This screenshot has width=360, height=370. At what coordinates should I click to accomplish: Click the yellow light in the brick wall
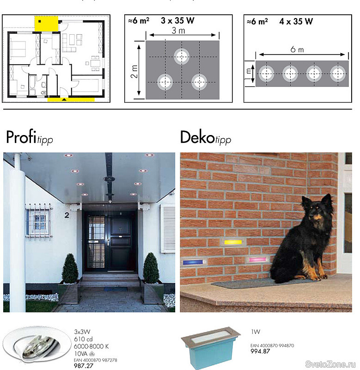(x=233, y=242)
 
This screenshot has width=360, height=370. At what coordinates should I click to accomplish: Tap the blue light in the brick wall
(x=193, y=262)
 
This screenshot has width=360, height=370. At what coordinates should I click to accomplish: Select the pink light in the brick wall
(x=257, y=259)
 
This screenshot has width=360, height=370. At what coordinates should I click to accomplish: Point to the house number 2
(x=67, y=215)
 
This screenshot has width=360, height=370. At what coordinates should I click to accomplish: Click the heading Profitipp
(x=30, y=137)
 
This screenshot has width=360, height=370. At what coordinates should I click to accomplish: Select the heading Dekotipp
(x=206, y=137)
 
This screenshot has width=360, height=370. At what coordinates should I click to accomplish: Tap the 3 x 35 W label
(x=177, y=20)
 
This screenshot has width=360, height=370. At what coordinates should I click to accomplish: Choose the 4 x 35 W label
(x=296, y=21)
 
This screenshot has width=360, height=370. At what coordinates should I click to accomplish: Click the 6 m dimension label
(x=297, y=49)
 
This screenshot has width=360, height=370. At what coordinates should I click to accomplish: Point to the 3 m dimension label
(x=178, y=31)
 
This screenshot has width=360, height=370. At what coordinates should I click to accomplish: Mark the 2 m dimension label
(x=134, y=72)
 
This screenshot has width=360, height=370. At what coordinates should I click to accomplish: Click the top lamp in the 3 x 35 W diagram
(x=182, y=56)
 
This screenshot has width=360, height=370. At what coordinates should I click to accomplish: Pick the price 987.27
(x=84, y=366)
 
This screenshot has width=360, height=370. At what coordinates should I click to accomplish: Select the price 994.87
(x=260, y=351)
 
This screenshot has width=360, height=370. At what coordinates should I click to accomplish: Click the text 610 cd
(x=83, y=339)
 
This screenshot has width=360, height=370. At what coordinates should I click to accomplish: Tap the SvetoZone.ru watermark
(x=330, y=364)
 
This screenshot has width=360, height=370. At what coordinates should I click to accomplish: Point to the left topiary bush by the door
(x=70, y=269)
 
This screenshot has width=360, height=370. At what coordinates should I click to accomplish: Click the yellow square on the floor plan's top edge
(x=46, y=24)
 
